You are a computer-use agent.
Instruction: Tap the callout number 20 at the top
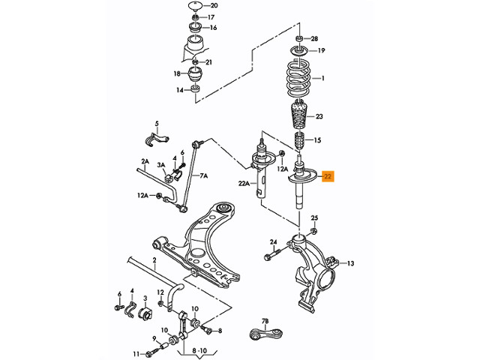click(214, 5)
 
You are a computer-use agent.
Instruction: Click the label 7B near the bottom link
click(264, 321)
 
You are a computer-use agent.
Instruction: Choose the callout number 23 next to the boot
click(319, 117)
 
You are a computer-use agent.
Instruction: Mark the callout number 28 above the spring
click(315, 37)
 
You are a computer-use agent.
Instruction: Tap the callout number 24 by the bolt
click(274, 241)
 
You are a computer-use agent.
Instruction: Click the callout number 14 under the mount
click(180, 90)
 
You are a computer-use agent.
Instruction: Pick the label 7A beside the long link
click(203, 175)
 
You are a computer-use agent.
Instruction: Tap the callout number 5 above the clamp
click(157, 124)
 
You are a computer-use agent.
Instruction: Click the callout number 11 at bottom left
click(136, 353)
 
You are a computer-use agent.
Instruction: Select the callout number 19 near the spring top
click(321, 51)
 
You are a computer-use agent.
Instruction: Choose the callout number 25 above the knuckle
click(315, 218)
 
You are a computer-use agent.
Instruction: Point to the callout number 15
click(318, 140)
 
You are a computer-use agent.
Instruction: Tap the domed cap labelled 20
click(196, 7)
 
